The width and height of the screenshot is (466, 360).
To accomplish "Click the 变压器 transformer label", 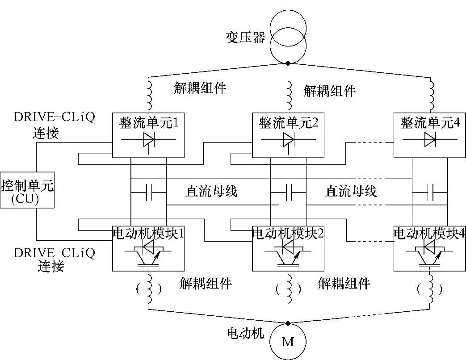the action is (245, 38).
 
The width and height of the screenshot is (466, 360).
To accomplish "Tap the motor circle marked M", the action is (288, 342).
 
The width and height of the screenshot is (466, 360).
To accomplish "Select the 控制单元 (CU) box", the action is (27, 190).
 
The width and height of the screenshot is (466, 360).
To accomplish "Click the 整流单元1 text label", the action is (149, 123).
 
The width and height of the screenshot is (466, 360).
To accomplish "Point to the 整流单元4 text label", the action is (430, 123).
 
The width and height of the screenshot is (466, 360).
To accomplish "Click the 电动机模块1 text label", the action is (148, 234).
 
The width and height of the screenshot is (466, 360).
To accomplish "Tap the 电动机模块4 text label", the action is (429, 234).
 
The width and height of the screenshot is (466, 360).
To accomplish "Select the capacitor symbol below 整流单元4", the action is (430, 193).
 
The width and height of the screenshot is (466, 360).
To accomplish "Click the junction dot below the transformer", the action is (288, 63).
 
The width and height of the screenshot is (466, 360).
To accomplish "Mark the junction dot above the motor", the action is (288, 323).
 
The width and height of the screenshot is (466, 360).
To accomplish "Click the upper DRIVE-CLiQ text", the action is (55, 117).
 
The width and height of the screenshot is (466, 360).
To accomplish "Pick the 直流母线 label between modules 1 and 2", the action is (211, 191).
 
